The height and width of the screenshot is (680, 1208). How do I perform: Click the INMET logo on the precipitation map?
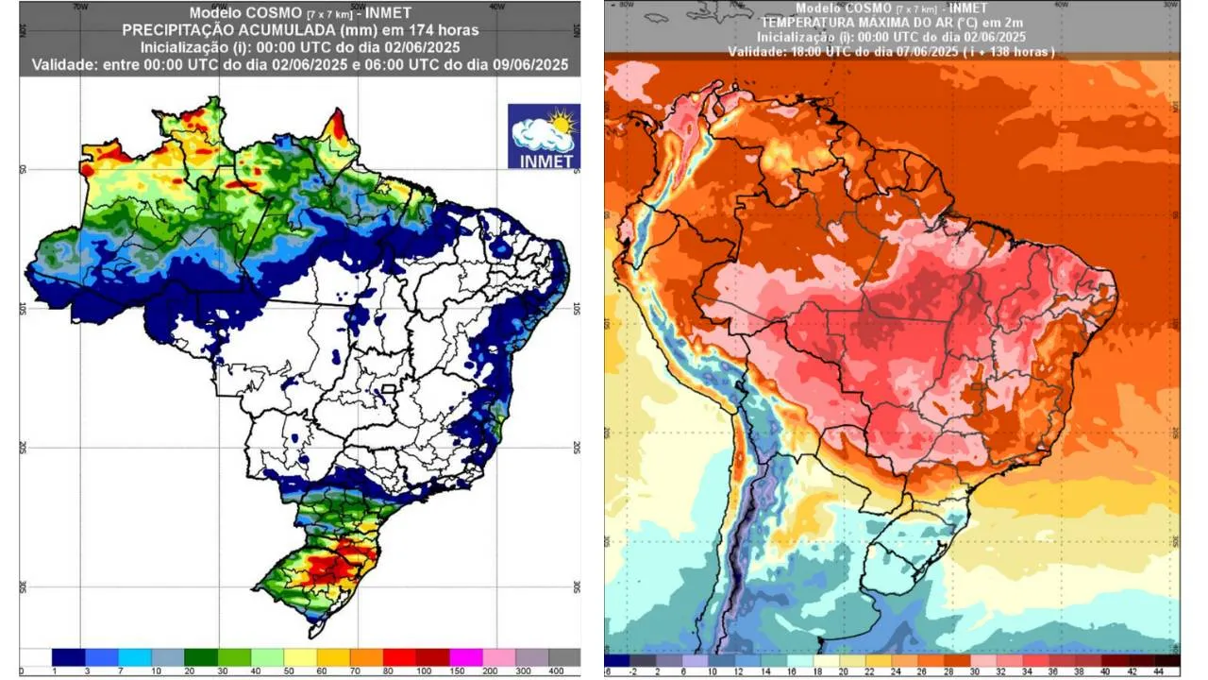click(x=544, y=136)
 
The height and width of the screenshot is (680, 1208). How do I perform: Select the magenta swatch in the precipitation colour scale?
click(x=465, y=656)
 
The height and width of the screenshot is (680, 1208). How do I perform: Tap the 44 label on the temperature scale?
click(x=1173, y=671)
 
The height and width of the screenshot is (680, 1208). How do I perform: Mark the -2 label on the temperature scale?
click(x=633, y=671)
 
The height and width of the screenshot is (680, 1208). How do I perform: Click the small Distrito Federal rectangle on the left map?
click(x=386, y=388)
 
